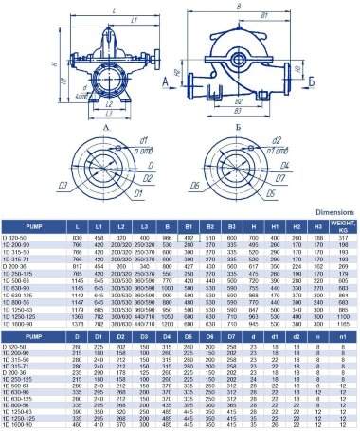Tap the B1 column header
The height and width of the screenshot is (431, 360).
click(x=189, y=228)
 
